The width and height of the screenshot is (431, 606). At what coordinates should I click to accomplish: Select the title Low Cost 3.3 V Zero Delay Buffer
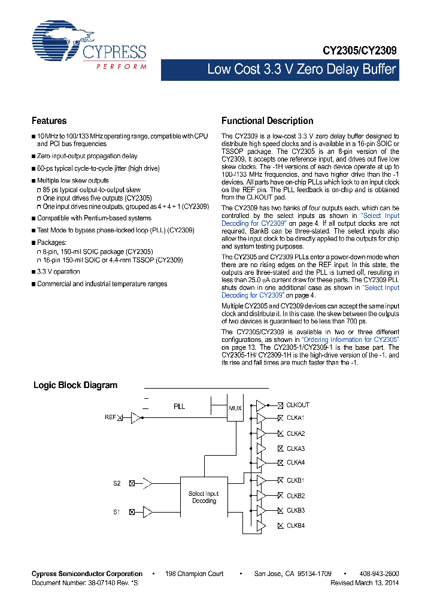(301, 69)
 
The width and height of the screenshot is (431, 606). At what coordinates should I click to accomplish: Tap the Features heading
(49, 121)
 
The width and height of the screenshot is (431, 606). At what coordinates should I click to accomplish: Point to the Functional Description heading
(267, 121)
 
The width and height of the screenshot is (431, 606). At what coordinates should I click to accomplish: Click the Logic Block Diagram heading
(75, 385)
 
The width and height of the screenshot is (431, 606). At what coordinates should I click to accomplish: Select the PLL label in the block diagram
(179, 407)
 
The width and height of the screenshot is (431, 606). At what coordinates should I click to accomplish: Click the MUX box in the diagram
(235, 408)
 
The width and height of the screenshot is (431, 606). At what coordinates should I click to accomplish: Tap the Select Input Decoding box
(204, 497)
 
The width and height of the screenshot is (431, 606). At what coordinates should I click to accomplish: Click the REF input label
(110, 417)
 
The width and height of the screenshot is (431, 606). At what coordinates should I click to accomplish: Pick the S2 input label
(117, 482)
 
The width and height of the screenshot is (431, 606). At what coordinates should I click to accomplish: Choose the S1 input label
(117, 511)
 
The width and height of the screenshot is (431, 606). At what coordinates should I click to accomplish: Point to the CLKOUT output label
(298, 405)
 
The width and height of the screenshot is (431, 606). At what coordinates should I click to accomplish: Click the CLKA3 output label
(296, 449)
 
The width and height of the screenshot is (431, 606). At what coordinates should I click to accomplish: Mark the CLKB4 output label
(296, 526)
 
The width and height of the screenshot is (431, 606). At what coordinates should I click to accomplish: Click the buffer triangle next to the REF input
(136, 417)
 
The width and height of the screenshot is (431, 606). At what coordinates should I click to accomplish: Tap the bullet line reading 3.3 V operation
(58, 272)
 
